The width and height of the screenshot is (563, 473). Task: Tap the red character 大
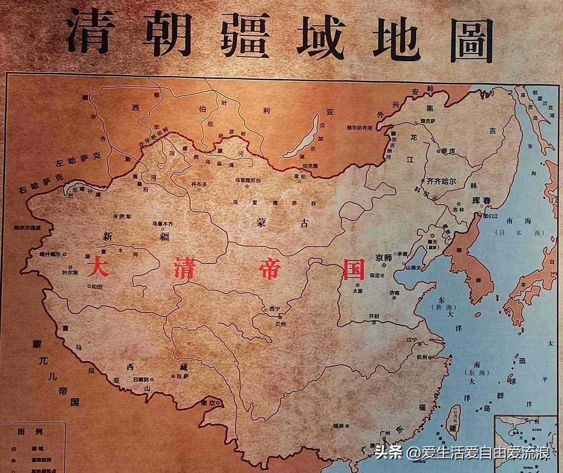click(98, 267)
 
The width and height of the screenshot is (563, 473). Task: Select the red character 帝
click(269, 268)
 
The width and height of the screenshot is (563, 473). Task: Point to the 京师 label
click(383, 258)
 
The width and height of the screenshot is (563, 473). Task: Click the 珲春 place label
click(481, 201)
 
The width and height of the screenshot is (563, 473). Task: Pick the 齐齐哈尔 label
click(441, 181)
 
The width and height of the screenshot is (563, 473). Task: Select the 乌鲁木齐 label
click(163, 224)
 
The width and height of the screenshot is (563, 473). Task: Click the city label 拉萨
click(182, 377)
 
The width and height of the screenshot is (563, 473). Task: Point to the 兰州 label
click(280, 324)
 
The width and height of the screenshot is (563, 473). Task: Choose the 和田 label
click(97, 286)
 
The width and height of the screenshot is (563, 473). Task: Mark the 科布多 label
click(199, 184)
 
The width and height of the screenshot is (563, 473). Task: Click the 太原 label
click(358, 291)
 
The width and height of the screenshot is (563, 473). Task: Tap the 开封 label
click(374, 316)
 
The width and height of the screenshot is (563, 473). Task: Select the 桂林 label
click(338, 425)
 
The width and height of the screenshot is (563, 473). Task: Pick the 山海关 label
click(413, 267)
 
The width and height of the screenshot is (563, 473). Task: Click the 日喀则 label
click(141, 379)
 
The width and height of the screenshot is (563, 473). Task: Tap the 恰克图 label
click(311, 166)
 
